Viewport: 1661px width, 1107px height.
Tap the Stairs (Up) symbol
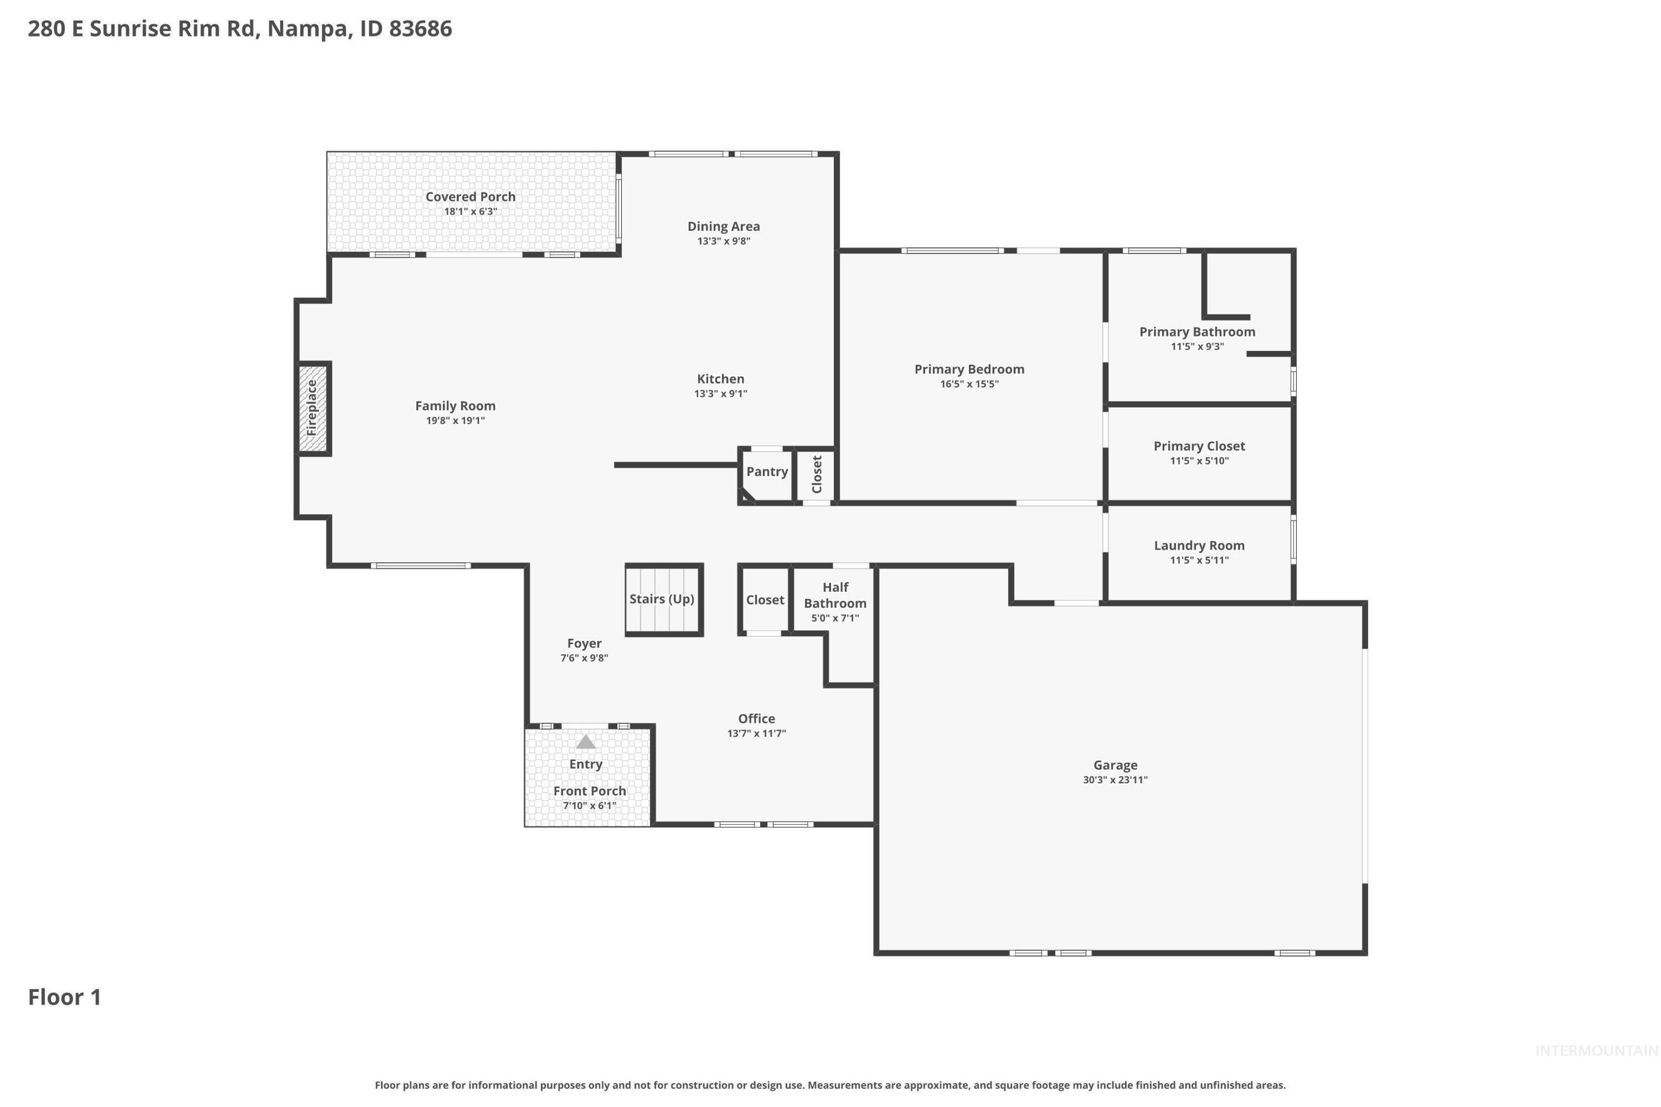pos(663,599)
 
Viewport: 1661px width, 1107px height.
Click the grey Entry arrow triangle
pos(586,742)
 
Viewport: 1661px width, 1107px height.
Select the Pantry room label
pos(767,471)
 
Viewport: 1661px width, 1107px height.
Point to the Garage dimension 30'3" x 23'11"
pos(1115,780)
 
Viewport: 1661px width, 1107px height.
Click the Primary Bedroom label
pos(969,369)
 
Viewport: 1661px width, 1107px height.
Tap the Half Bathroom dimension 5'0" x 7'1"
pos(835,618)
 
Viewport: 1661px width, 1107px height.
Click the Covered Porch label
pos(470,197)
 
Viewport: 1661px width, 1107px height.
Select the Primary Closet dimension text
pos(1199,461)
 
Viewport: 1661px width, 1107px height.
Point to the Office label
pos(756,719)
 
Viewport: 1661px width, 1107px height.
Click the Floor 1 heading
pos(65,998)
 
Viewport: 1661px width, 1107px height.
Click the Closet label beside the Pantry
pos(817,475)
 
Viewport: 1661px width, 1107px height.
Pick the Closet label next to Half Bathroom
pos(765,600)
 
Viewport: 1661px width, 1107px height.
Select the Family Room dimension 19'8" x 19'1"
pos(455,421)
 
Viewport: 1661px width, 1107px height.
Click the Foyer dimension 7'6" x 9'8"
pos(584,658)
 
